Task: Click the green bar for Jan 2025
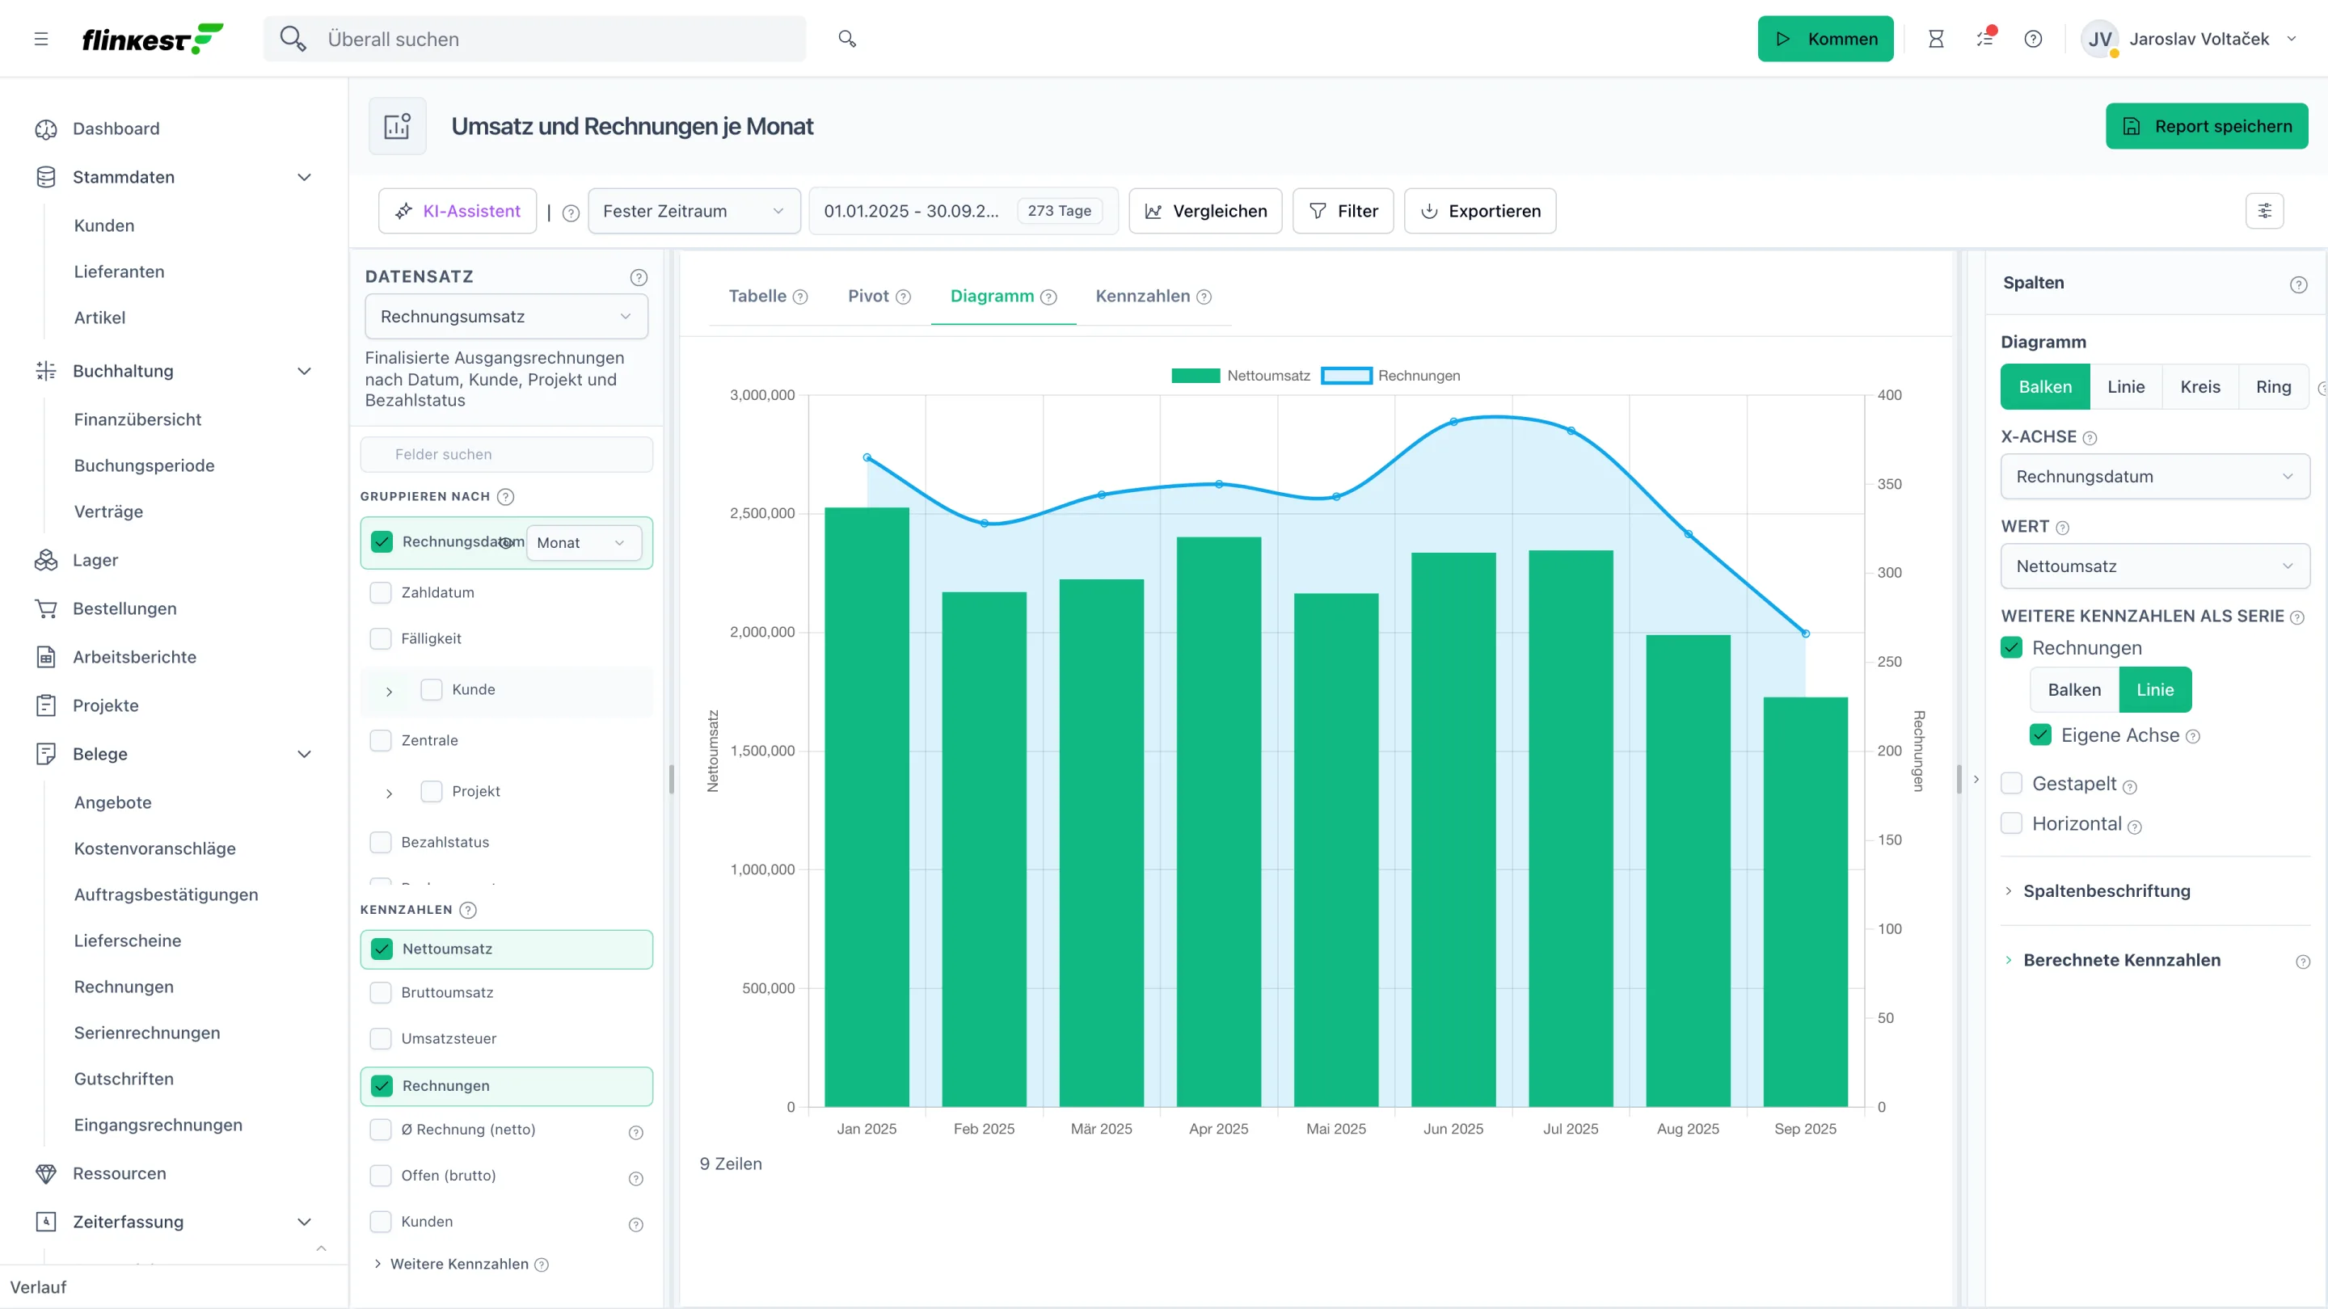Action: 867,806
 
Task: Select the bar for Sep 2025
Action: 1805,902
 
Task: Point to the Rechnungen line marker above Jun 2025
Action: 1453,422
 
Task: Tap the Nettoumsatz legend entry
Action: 1240,376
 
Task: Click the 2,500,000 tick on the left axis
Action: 761,513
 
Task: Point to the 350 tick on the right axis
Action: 1889,484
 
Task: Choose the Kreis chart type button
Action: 2199,387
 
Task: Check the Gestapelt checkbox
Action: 2011,783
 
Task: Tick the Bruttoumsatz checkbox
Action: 382,993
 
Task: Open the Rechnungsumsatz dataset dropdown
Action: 506,317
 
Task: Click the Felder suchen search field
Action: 506,454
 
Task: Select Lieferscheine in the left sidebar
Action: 128,941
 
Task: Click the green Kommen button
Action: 1824,39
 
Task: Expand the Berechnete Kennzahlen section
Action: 2121,960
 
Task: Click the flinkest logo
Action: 152,39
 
